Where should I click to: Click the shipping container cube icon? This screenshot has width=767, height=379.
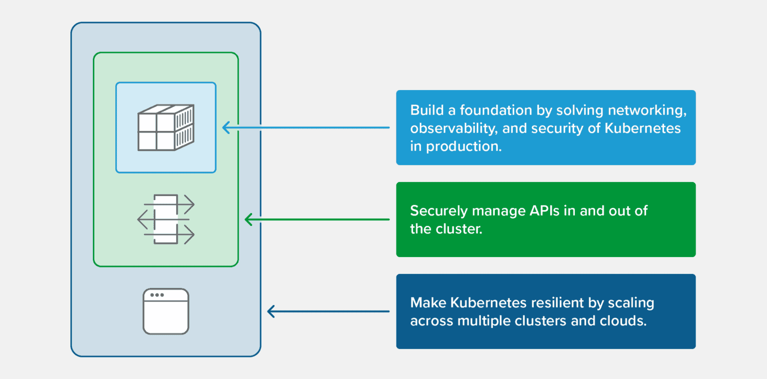[x=165, y=127]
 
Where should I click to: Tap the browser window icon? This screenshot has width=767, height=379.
[x=166, y=311]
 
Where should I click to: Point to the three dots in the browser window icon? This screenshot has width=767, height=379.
[x=157, y=295]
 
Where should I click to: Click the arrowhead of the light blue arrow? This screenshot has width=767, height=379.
[x=226, y=127]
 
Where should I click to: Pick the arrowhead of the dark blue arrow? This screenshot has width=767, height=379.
[x=272, y=311]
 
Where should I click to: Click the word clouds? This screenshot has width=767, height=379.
[x=623, y=320]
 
